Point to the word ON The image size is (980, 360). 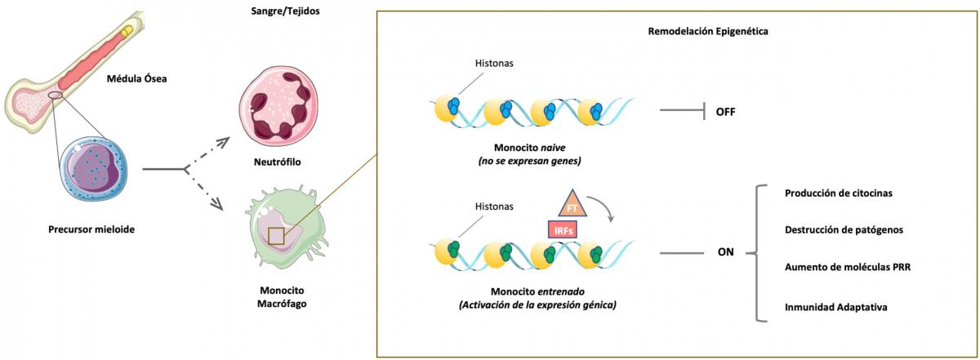click(724, 252)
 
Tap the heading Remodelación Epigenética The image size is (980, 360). click(702, 31)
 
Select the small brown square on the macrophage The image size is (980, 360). click(276, 237)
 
